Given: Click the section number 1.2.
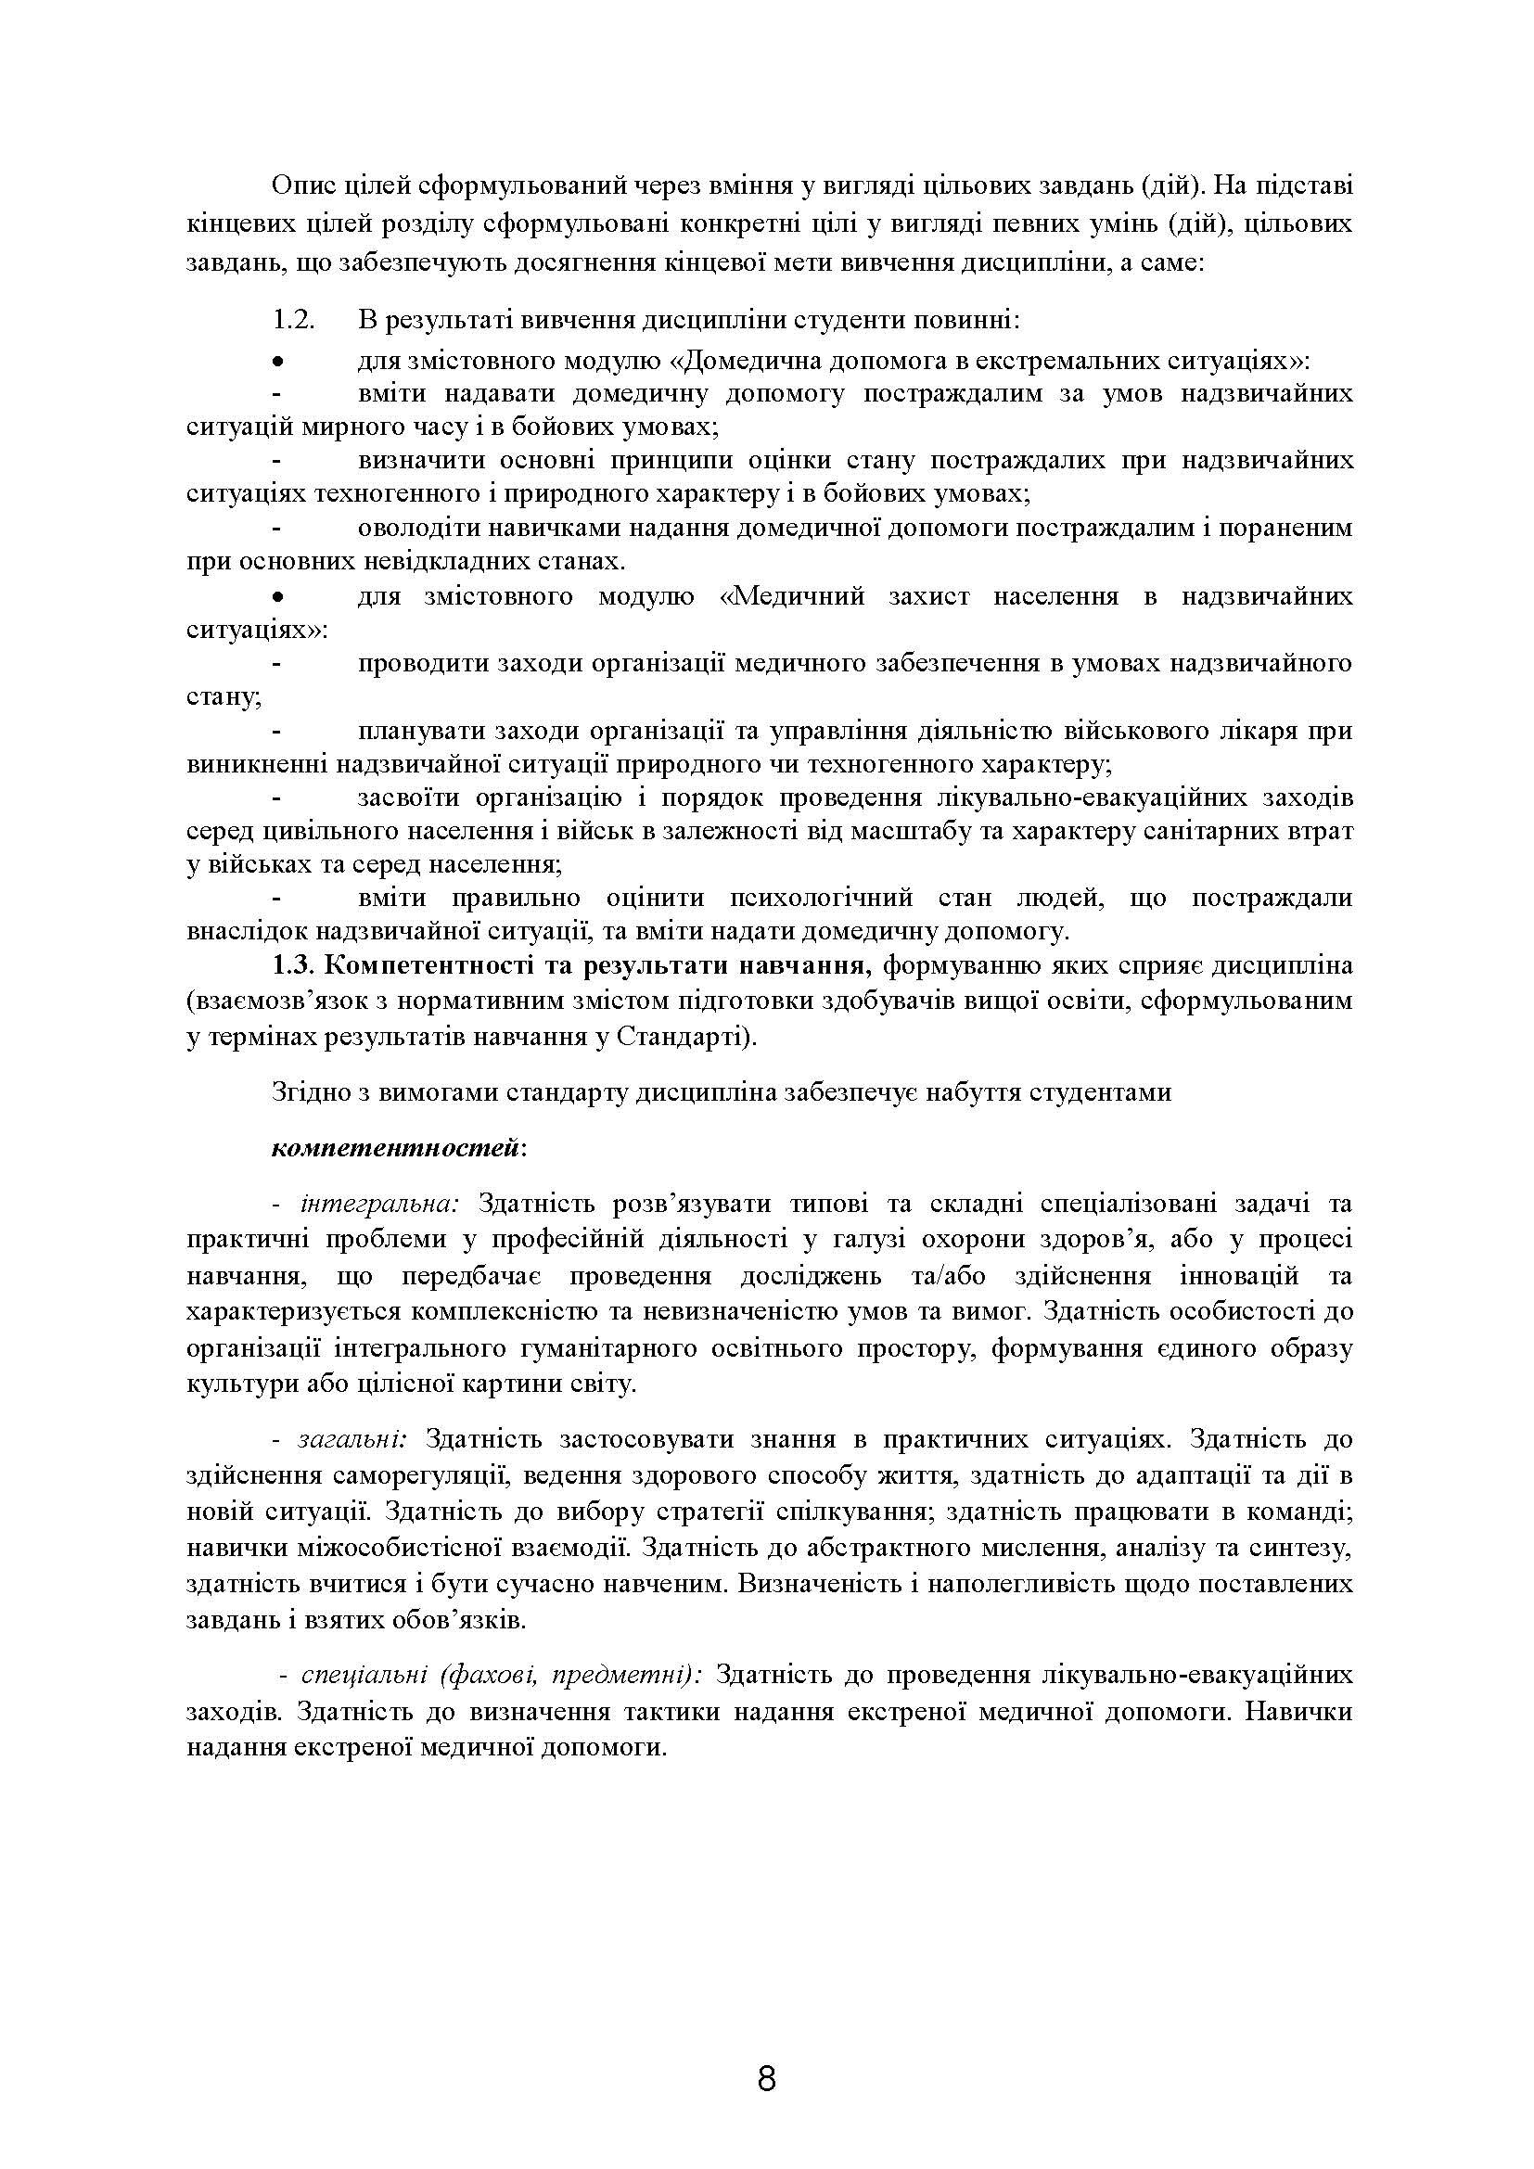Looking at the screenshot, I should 293,319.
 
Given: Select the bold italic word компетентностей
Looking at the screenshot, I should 395,1148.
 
